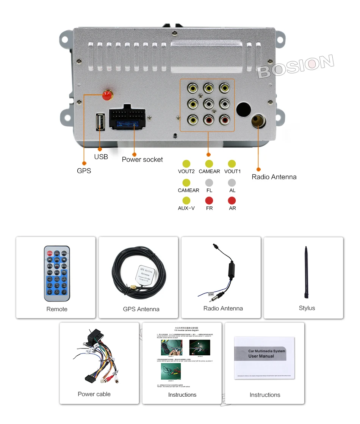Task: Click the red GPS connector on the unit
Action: tap(108, 96)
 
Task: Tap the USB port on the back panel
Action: tap(100, 122)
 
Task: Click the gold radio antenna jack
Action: tap(258, 121)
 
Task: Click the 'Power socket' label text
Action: tap(142, 160)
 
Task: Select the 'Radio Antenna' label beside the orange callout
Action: tap(274, 177)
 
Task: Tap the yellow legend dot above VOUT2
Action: tap(186, 164)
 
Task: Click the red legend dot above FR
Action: tap(209, 201)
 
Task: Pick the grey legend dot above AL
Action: tap(232, 183)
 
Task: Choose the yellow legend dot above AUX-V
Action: tap(186, 201)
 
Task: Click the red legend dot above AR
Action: tap(232, 201)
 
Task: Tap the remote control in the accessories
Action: tap(57, 273)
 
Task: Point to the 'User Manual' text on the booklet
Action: tap(261, 356)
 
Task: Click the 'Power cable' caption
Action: tap(94, 394)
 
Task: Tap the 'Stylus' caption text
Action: tap(307, 308)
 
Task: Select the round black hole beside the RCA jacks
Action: tap(244, 110)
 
